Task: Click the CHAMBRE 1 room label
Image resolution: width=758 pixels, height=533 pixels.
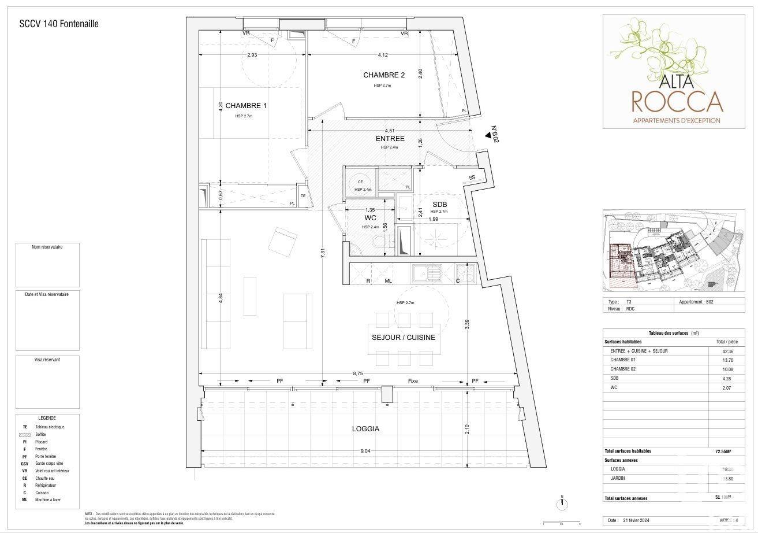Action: [246, 106]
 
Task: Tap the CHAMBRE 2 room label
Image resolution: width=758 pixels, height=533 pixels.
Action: [384, 75]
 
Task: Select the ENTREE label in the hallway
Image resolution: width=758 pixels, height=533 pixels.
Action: [390, 139]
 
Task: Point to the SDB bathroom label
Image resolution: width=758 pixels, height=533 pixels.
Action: [440, 204]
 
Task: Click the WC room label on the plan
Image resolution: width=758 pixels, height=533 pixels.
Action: [371, 218]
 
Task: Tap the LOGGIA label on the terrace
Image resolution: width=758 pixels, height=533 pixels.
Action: [365, 429]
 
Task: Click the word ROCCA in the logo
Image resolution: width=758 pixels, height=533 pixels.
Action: [677, 101]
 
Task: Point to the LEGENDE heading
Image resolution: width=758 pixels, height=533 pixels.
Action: [47, 418]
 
